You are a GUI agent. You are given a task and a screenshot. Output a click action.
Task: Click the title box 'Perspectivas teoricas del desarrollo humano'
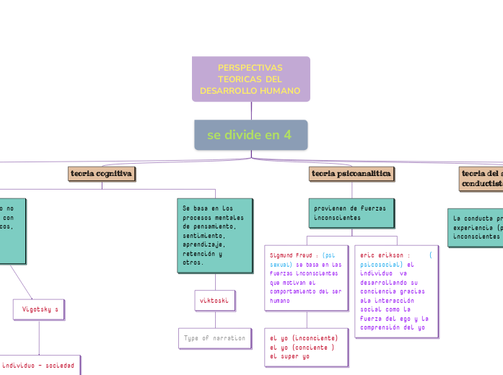[x=250, y=79]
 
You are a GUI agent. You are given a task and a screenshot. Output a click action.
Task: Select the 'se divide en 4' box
[x=250, y=135]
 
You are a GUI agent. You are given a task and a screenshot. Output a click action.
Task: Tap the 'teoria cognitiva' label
[x=101, y=174]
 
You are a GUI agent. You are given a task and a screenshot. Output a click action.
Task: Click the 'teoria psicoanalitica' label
[x=351, y=174]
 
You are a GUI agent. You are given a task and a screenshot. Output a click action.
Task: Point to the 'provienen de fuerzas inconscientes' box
[x=351, y=213]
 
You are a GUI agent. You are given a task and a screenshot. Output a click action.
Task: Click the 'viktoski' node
[x=214, y=300]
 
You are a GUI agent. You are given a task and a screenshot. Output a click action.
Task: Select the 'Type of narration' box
[x=215, y=337]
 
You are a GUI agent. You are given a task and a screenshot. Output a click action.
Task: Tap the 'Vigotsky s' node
[x=40, y=309]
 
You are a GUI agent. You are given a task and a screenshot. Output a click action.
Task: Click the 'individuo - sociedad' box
[x=40, y=366]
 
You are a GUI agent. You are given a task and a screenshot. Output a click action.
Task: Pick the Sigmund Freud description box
[x=307, y=278]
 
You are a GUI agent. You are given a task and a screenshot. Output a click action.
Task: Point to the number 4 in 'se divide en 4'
[x=288, y=135]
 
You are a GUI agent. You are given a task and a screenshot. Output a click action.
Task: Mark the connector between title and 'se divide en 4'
[x=251, y=110]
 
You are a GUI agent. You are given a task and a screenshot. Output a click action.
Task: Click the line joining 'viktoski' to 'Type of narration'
[x=214, y=319]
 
